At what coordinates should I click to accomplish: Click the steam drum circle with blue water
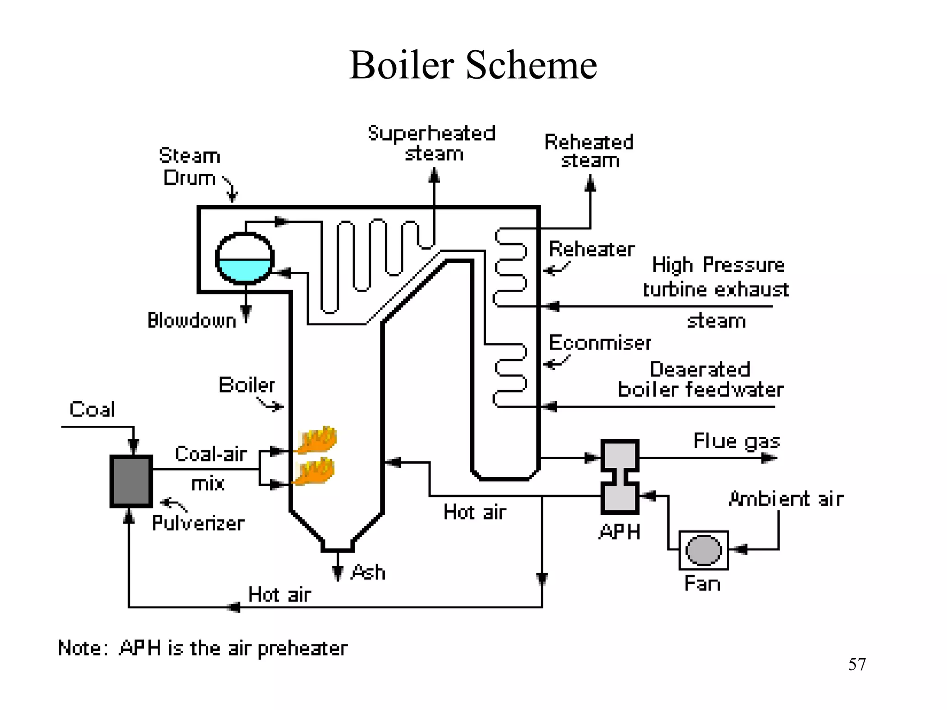click(245, 258)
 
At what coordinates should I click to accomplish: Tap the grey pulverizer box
click(131, 481)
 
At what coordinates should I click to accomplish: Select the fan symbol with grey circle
click(703, 550)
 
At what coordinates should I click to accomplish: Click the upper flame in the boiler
click(317, 440)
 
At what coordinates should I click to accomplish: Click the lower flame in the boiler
click(315, 472)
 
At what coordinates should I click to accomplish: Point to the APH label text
click(620, 532)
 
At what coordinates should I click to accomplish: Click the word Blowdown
click(191, 320)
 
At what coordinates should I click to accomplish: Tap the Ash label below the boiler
click(368, 572)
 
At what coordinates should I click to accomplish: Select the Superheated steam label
click(432, 143)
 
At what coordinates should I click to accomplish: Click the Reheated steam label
click(589, 151)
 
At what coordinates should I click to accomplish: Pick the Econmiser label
click(600, 343)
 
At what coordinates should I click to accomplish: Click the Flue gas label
click(737, 441)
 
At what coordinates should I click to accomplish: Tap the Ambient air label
click(786, 499)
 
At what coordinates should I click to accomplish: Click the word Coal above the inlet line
click(92, 410)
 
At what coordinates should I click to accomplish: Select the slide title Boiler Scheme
click(473, 65)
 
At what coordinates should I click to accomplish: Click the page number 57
click(857, 664)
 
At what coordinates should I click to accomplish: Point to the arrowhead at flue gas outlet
click(769, 458)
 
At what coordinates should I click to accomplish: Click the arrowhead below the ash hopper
click(338, 573)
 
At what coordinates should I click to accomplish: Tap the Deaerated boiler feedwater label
click(701, 379)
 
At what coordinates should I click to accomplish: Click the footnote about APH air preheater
click(203, 648)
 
